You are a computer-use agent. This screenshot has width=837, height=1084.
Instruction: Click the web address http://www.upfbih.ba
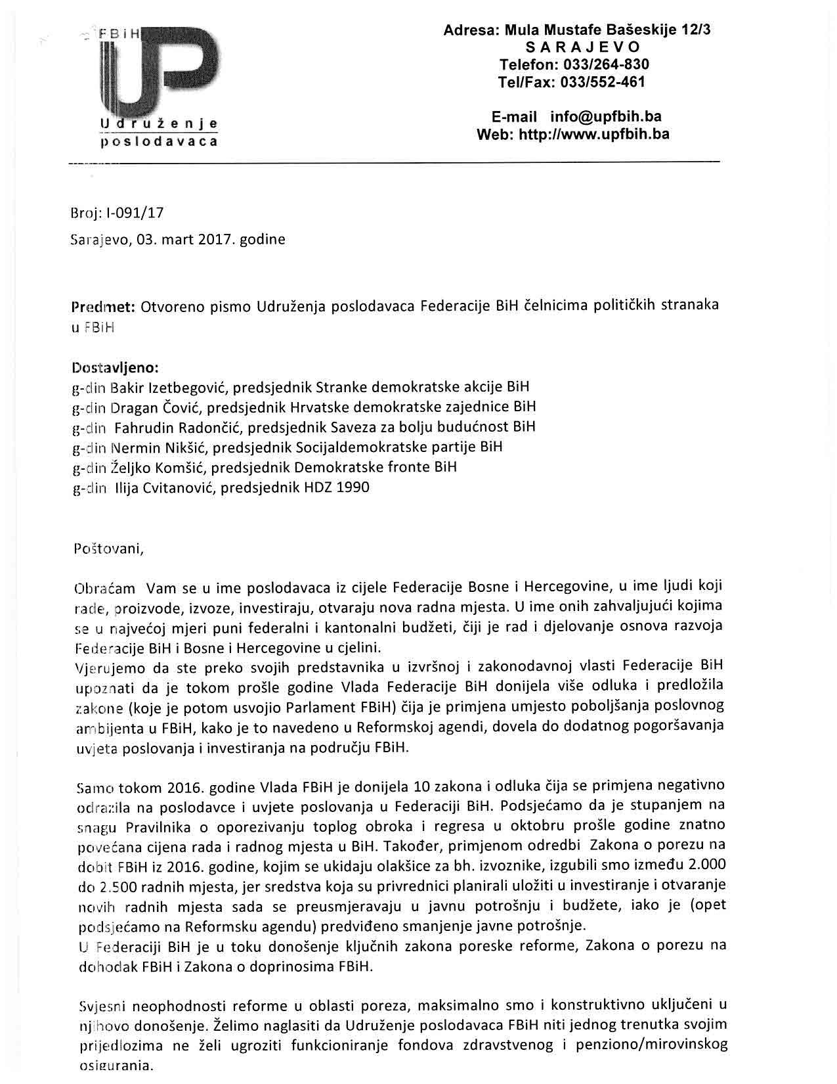tap(593, 135)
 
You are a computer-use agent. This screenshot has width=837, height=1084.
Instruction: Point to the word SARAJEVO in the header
tap(582, 47)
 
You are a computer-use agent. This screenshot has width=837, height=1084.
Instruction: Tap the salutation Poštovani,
tap(108, 549)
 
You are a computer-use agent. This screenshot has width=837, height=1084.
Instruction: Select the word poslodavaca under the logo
tap(158, 141)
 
